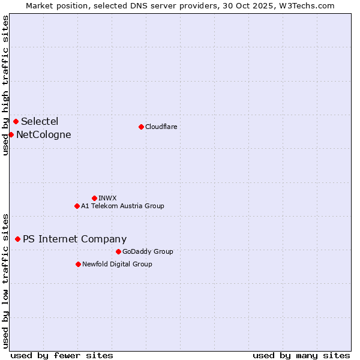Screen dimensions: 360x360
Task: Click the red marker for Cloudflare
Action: click(141, 127)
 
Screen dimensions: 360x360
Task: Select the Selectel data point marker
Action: click(16, 122)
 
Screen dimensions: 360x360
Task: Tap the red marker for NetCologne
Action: click(11, 134)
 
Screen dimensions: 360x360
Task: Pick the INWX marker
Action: click(94, 198)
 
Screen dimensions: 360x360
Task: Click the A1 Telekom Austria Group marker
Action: click(77, 206)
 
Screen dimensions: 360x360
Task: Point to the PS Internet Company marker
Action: click(17, 239)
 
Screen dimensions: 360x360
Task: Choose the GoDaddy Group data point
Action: click(118, 251)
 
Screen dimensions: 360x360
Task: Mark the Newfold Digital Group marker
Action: click(78, 264)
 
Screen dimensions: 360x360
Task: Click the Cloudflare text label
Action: click(161, 127)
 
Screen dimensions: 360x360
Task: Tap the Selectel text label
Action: click(40, 122)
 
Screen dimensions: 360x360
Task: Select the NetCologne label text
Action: click(43, 134)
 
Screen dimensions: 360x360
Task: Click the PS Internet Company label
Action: click(74, 239)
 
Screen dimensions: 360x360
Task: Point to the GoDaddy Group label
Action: click(148, 251)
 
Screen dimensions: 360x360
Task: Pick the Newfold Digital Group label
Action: click(117, 264)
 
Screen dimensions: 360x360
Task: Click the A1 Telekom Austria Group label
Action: click(122, 206)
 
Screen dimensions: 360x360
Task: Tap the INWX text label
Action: click(107, 198)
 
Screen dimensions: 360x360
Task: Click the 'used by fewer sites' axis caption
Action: click(62, 355)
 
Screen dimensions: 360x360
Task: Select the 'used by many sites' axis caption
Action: click(301, 355)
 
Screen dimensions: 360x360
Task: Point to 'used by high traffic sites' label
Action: click(5, 85)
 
